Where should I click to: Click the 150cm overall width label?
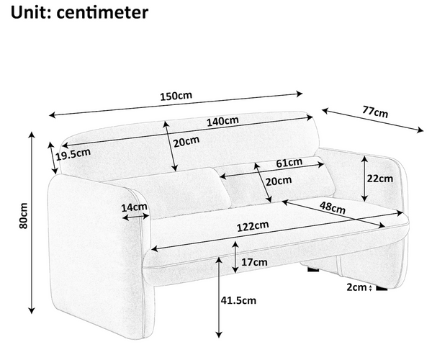[x=176, y=96]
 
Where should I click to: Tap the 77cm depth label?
[x=375, y=112]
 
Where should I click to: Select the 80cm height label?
[x=24, y=216]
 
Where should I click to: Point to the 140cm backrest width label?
[x=222, y=121]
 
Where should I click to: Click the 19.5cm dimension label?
[x=73, y=154]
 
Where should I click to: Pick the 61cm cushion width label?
[x=289, y=163]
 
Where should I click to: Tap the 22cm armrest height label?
[x=379, y=179]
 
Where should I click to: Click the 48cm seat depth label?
[x=333, y=207]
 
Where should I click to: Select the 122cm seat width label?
[x=253, y=226]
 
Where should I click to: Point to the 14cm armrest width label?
[x=134, y=207]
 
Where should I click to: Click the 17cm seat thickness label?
[x=254, y=262]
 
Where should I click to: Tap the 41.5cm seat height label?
[x=238, y=300]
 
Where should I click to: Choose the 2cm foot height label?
[x=357, y=287]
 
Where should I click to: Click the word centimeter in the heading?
[x=102, y=12]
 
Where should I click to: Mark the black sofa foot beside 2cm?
[x=382, y=287]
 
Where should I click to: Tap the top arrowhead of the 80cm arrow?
[x=32, y=135]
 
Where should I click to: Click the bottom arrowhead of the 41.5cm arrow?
[x=219, y=335]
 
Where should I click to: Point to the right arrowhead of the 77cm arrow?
[x=420, y=130]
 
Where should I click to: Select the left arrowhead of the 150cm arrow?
[x=52, y=115]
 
